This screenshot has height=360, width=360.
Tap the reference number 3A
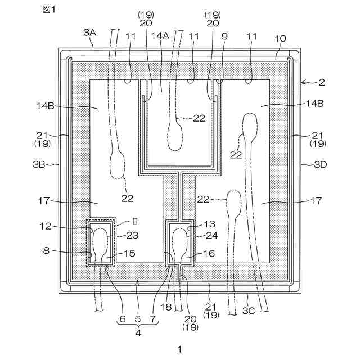point(89,33)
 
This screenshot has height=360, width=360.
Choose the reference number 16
point(209,254)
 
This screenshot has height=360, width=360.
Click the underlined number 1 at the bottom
point(179,350)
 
